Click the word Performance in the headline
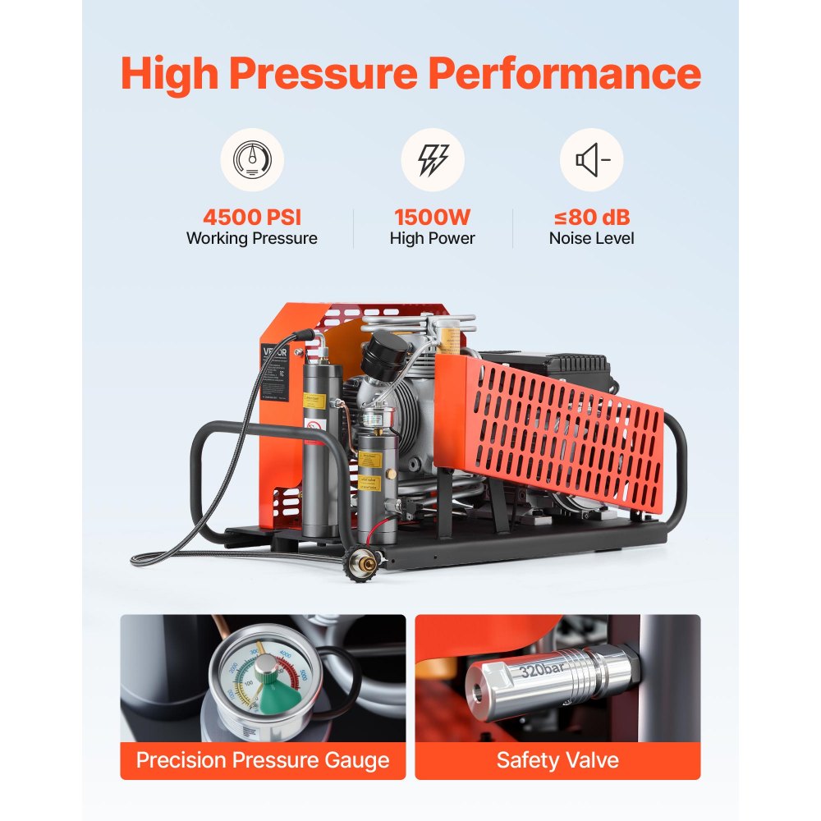coord(565,74)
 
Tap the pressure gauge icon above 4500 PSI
coord(251,159)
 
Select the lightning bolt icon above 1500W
coord(433,159)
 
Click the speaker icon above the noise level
coord(591,159)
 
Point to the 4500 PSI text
coord(251,218)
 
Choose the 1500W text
coord(433,218)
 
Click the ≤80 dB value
coord(591,218)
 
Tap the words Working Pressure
coord(251,239)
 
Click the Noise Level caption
coord(591,239)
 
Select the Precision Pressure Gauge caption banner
coord(263,759)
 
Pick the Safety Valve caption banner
coord(557,759)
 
